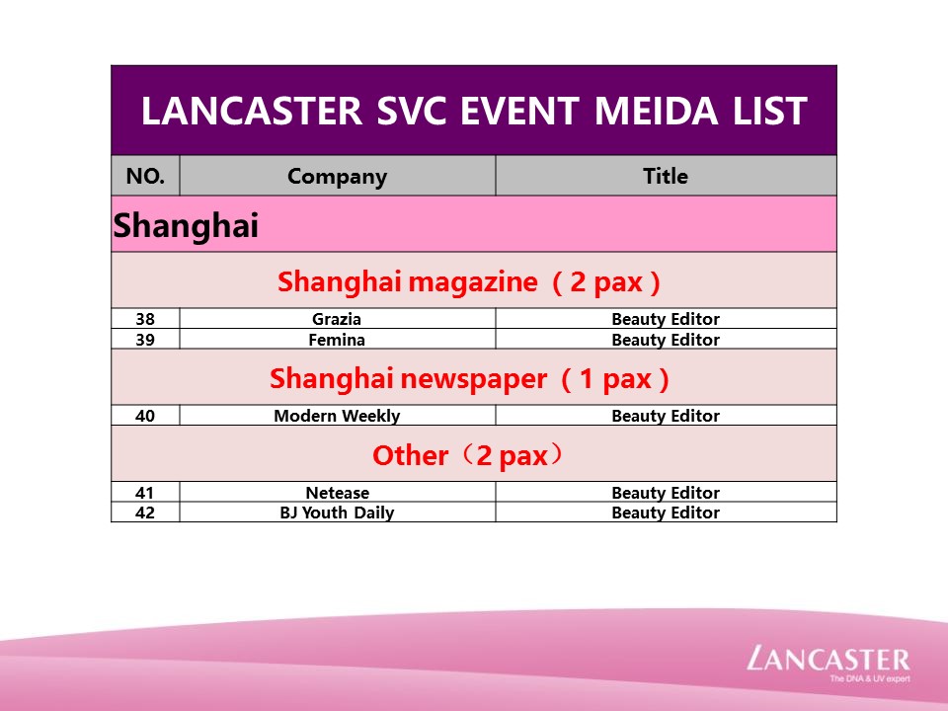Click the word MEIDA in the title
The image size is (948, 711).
(656, 112)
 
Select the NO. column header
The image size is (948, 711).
(145, 176)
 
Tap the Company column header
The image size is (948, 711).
(338, 176)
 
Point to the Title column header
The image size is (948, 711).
(666, 176)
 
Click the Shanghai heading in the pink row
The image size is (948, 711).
(186, 225)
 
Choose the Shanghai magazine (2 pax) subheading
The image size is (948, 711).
(468, 281)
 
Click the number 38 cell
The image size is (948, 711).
(145, 319)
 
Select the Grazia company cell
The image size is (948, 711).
(338, 319)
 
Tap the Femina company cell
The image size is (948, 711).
(338, 339)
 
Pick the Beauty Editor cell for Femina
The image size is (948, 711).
(666, 339)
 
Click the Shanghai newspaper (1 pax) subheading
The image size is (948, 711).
(469, 379)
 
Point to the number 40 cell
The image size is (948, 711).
(145, 416)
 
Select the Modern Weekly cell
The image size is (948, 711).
(338, 416)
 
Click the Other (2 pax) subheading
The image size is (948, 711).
(468, 455)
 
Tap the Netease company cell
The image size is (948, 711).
(338, 492)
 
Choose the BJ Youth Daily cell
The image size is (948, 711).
(338, 513)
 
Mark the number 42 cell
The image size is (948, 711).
(145, 513)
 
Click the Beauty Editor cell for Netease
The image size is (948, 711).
(666, 492)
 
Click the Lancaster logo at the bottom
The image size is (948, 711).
(829, 659)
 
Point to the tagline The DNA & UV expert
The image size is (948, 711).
(869, 678)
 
